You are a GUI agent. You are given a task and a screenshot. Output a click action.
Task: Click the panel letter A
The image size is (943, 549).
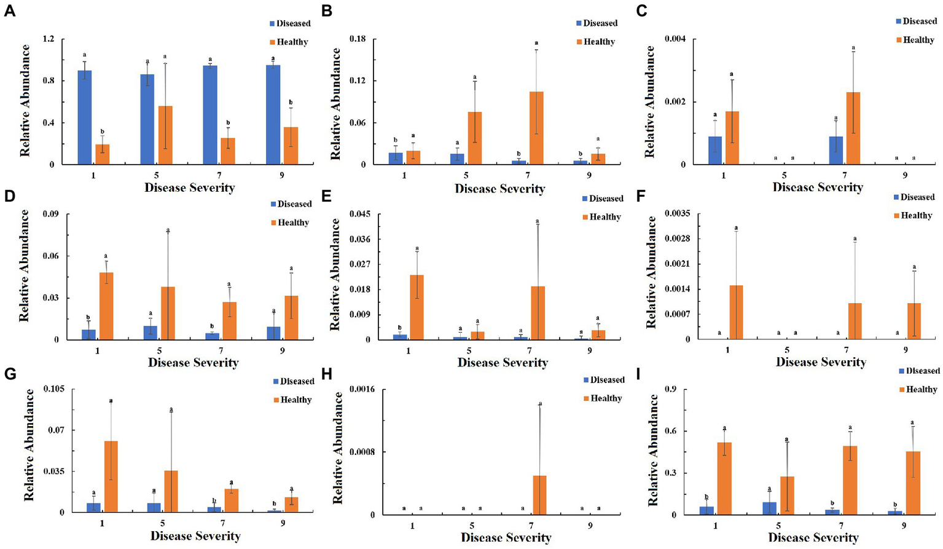point(9,10)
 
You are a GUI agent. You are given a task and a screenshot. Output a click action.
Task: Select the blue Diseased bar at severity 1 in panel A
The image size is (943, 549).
point(85,117)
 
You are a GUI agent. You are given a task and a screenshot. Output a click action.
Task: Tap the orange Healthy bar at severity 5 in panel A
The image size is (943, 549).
point(165,135)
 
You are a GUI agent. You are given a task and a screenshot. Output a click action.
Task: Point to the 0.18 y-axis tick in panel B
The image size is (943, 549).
point(357,39)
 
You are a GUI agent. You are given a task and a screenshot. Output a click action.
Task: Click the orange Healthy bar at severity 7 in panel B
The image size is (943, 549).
point(536,128)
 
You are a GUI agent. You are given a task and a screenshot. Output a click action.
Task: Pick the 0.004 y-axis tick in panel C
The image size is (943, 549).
point(675,39)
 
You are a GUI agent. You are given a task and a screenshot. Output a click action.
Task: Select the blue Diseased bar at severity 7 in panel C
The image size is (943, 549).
point(835,150)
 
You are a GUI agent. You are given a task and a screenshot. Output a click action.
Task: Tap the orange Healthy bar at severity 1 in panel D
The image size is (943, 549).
point(106,306)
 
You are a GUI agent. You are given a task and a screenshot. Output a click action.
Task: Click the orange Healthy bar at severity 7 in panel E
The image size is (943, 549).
point(538,313)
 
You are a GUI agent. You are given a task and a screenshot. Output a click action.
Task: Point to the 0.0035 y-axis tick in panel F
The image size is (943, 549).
point(678,214)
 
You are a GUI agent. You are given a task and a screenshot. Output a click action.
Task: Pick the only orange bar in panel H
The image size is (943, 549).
point(539,495)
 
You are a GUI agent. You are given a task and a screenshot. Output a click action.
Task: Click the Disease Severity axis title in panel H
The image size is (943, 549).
point(506,538)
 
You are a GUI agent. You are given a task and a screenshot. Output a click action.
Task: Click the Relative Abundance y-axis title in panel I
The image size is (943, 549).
point(653,451)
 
